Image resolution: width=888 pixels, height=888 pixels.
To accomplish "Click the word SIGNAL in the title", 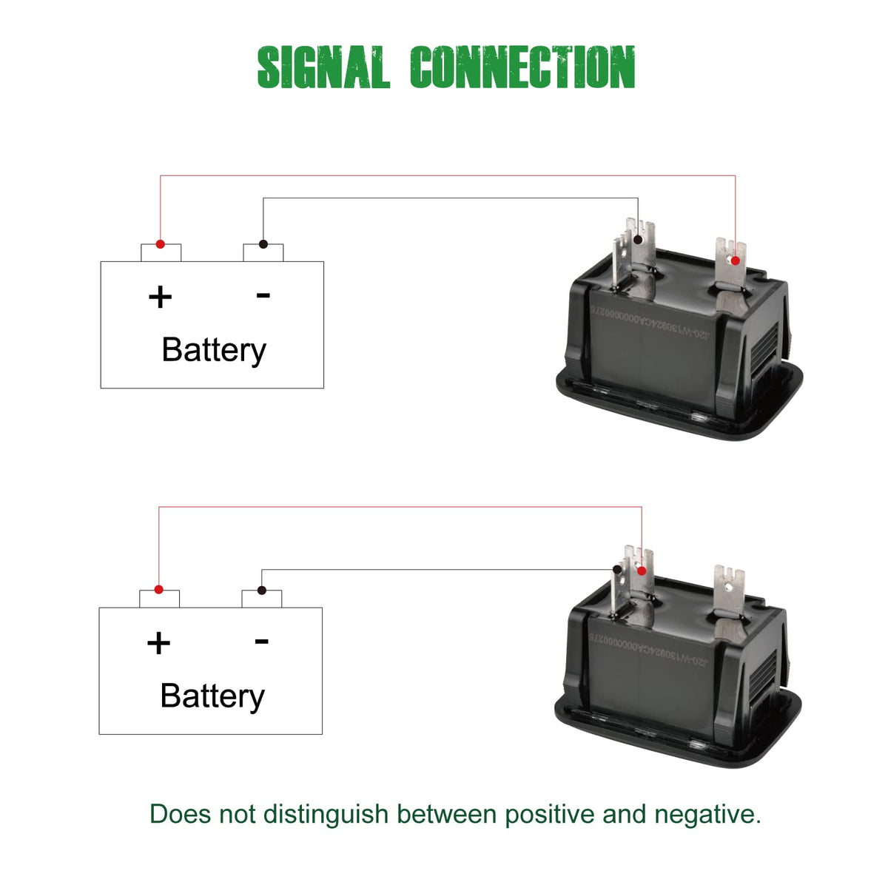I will tap(323, 67).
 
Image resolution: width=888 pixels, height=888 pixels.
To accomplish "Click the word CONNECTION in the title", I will tap(522, 67).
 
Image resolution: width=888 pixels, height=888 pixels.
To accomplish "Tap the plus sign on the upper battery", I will tap(160, 297).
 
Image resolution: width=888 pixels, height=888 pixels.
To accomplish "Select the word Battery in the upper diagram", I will tap(213, 350).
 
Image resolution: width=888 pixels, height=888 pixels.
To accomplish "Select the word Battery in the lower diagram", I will tap(212, 696).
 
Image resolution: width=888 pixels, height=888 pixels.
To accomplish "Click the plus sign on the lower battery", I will tap(158, 643).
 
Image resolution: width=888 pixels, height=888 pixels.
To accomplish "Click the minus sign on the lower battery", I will tap(261, 641).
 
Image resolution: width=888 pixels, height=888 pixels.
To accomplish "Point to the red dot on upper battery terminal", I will tap(160, 244).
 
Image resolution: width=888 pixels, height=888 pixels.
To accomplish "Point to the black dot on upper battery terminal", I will tap(263, 244).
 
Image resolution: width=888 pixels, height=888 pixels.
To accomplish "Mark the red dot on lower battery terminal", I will tap(158, 590).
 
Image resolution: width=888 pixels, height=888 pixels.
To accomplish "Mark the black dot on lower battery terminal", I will tap(261, 590).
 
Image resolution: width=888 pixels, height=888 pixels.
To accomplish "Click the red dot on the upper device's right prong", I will tap(735, 260).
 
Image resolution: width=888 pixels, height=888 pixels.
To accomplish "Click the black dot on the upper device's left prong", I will tap(638, 240).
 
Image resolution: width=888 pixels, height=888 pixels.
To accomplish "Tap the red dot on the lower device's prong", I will tap(642, 571).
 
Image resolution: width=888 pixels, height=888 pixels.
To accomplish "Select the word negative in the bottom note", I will tap(707, 815).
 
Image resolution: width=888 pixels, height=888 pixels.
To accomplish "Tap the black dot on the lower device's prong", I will tap(616, 570).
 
